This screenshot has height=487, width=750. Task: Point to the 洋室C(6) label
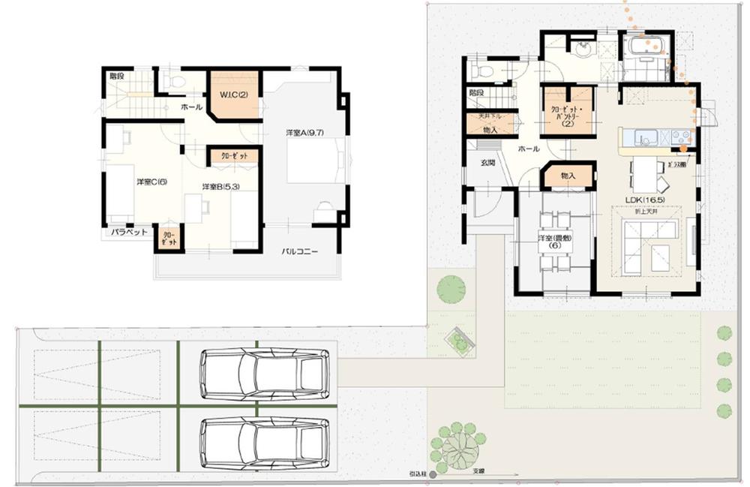(x=151, y=182)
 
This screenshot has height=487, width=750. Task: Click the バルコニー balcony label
(x=300, y=251)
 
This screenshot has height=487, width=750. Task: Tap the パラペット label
(x=127, y=233)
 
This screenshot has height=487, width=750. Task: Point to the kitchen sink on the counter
(x=646, y=138)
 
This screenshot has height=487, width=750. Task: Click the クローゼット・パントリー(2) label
(x=568, y=116)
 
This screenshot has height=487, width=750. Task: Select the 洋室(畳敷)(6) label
(x=555, y=242)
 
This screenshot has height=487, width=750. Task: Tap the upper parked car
(x=264, y=373)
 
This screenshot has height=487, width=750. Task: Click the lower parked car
(x=264, y=442)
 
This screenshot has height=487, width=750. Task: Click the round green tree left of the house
(x=451, y=289)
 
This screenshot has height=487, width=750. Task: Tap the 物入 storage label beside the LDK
(x=568, y=176)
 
